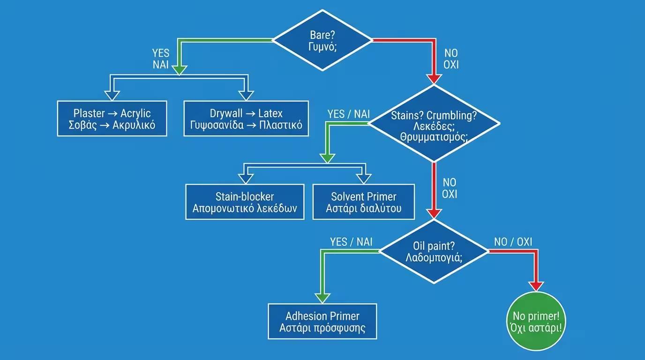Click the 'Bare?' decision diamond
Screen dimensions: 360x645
tap(323, 40)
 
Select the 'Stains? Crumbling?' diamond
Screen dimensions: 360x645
tap(434, 123)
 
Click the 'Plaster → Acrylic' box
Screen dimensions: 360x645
tap(112, 119)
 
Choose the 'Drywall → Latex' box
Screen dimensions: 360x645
tap(246, 119)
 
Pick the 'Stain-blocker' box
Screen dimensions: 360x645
tap(245, 202)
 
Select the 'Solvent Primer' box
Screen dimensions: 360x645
tap(363, 202)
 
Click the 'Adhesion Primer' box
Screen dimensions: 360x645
tap(322, 321)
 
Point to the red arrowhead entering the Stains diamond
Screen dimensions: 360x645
tap(434, 79)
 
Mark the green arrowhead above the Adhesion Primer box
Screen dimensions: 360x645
tap(322, 298)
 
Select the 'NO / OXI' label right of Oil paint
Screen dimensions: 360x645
tap(513, 242)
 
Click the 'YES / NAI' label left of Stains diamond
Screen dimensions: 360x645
tap(348, 114)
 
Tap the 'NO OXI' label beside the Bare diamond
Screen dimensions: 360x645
tap(451, 59)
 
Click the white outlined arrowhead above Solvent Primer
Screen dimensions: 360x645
tap(363, 178)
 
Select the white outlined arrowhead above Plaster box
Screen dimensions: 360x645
tap(112, 95)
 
